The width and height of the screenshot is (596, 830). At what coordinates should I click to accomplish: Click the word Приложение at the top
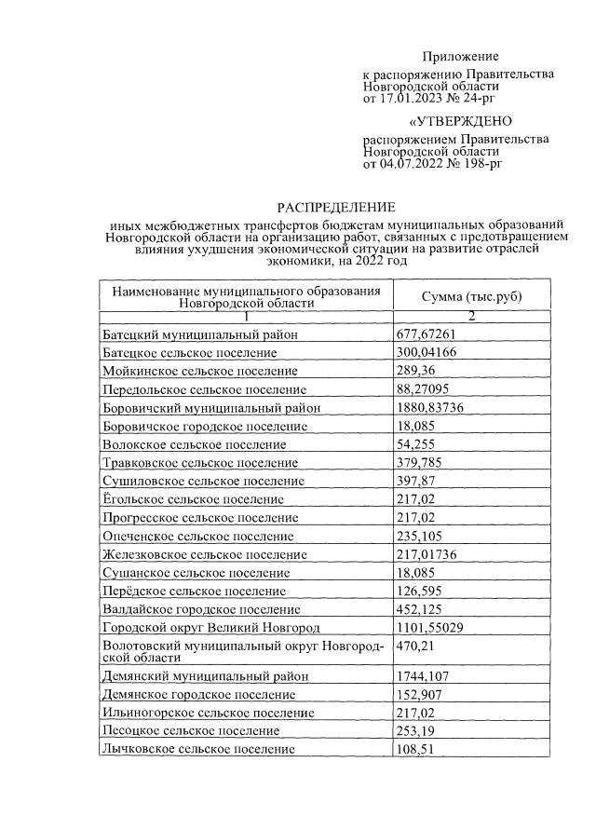(460, 57)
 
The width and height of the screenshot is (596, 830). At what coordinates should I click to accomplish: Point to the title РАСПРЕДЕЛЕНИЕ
(336, 207)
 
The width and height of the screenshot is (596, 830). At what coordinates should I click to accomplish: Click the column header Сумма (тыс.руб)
(471, 296)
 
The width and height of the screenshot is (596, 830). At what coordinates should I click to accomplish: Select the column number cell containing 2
(471, 317)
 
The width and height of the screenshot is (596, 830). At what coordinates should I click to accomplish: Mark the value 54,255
(416, 444)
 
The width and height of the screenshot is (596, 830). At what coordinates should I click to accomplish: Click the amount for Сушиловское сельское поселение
(416, 481)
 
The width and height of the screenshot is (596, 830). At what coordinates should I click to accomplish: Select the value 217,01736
(430, 554)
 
